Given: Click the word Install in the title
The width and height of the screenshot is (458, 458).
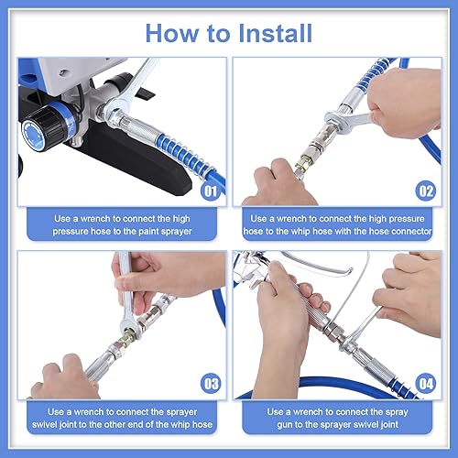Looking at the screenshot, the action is pos(275,33).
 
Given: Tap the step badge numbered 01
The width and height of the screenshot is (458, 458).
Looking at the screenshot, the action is pos(211,191).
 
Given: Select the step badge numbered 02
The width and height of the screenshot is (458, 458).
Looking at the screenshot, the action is pos(426,191).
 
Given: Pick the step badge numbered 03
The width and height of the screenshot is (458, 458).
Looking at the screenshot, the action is pos(211,384).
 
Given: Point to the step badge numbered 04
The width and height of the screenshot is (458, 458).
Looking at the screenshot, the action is pos(426,384).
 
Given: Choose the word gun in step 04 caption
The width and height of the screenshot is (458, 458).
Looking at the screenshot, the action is pos(285,425).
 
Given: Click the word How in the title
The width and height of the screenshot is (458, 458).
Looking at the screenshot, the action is pos(172,33).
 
